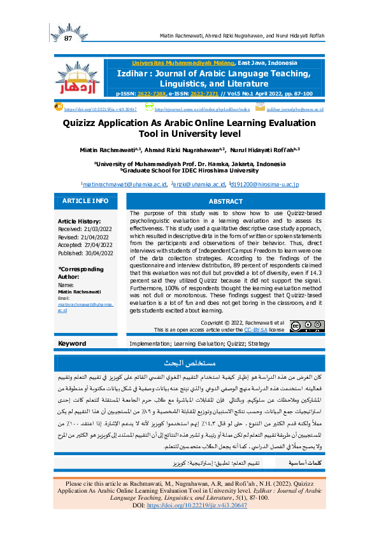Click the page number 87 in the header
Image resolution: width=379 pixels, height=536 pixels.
[69, 40]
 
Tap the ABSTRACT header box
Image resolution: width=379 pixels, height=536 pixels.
[225, 201]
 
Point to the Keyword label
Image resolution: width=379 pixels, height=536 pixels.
[72, 343]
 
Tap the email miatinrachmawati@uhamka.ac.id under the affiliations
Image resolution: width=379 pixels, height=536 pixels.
[124, 184]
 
